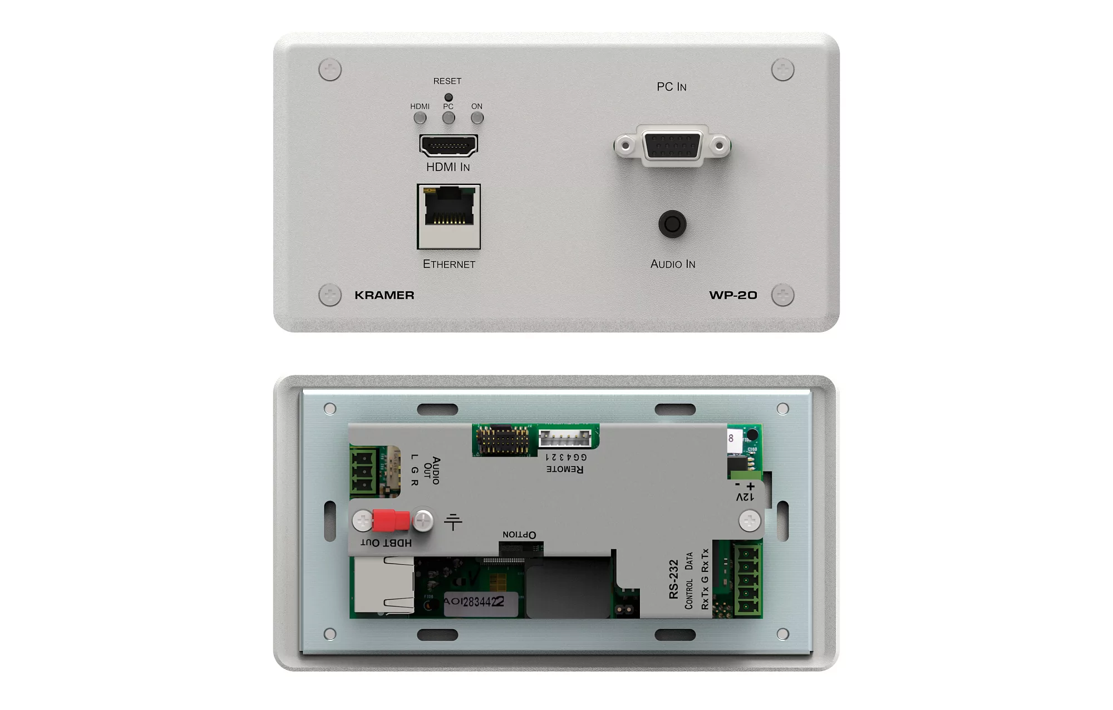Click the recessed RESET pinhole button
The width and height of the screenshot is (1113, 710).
(449, 97)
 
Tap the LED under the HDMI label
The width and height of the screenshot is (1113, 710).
(420, 118)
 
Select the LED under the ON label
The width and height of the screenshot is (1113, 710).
(477, 118)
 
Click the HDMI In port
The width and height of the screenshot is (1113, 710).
(449, 145)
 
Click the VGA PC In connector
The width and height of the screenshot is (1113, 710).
(672, 146)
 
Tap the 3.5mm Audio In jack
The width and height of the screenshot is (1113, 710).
(672, 224)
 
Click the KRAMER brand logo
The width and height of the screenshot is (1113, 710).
(385, 295)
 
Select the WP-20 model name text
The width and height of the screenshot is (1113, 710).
(733, 295)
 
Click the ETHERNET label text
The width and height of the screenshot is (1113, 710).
(449, 264)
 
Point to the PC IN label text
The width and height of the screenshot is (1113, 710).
(672, 87)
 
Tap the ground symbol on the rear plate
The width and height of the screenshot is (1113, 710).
(453, 522)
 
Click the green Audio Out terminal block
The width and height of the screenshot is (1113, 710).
(363, 471)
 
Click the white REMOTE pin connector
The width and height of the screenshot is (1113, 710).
(565, 439)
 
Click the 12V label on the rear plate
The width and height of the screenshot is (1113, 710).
(745, 496)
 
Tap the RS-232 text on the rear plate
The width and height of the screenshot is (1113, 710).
(674, 579)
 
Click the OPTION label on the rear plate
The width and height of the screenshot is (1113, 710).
(519, 535)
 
